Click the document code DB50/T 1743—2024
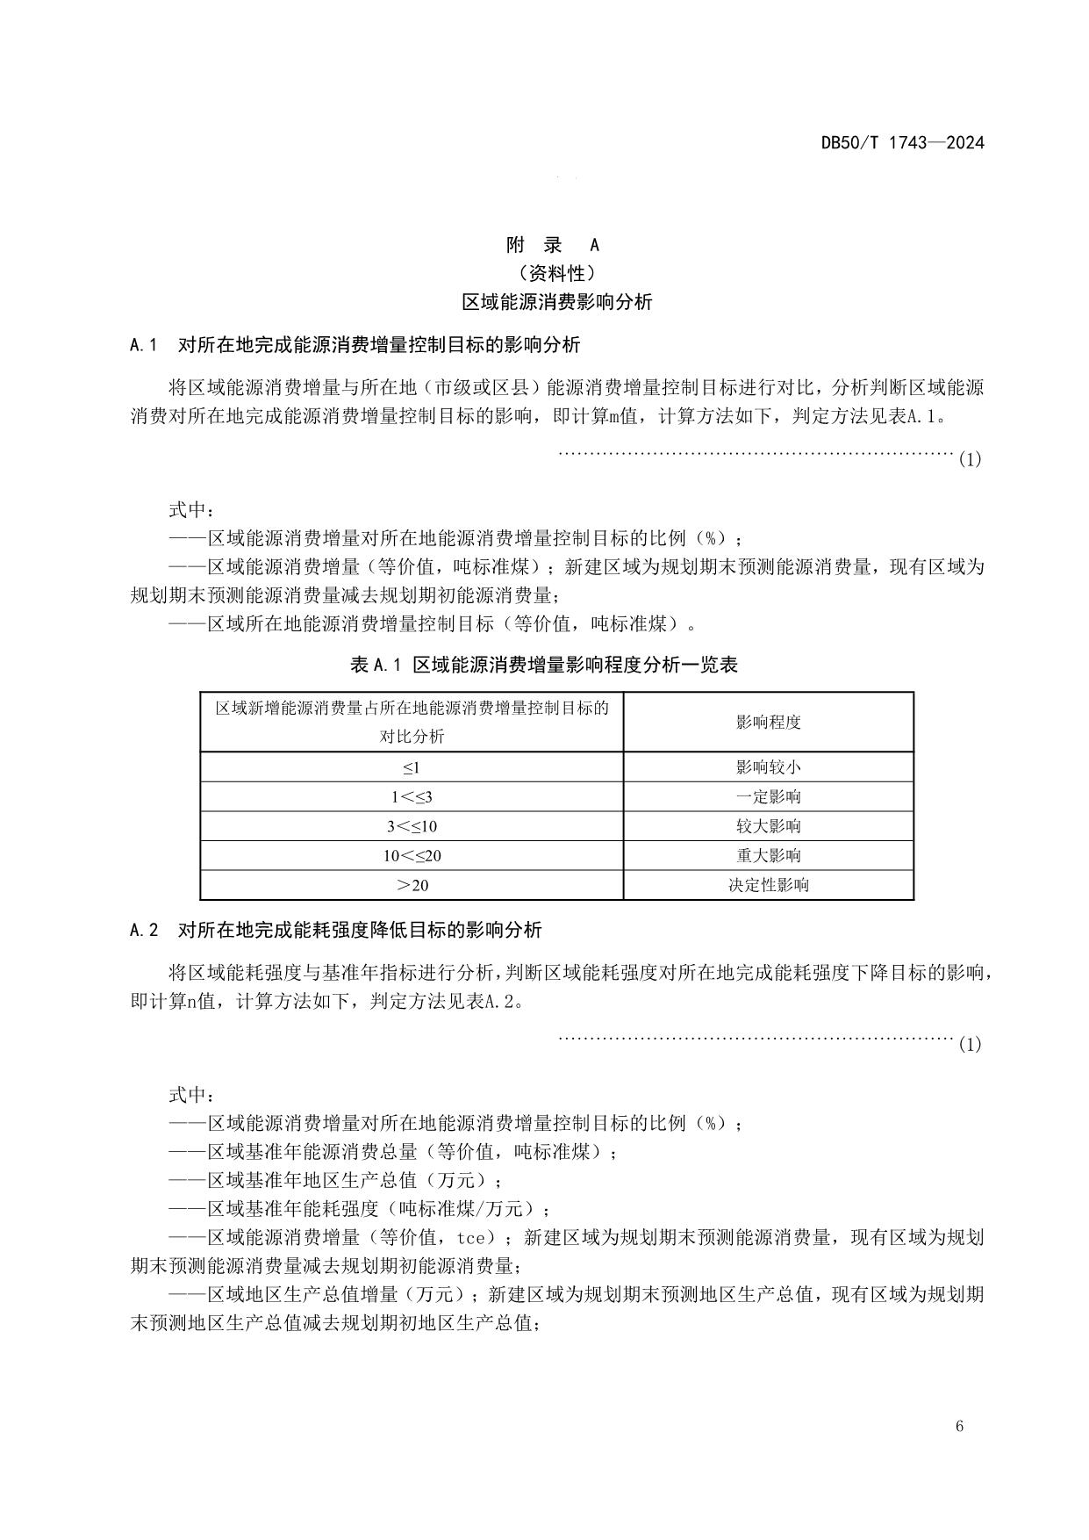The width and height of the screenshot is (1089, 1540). pos(902,142)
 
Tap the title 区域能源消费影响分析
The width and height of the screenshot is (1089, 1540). pos(557,302)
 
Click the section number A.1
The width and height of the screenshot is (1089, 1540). pos(142,345)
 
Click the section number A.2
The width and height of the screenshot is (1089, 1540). pos(143,930)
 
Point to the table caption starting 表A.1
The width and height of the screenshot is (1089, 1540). pos(544,665)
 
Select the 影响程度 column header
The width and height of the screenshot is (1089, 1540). pos(768,723)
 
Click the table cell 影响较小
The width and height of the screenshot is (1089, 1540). pos(768,767)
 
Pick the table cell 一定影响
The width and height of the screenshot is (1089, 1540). pos(768,797)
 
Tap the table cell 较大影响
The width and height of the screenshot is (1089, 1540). pos(768,826)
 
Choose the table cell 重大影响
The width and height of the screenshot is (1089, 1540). pos(768,856)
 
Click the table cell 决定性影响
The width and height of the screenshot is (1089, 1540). pos(768,885)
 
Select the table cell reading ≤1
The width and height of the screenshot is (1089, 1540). pos(412,767)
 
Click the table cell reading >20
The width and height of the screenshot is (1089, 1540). pos(412,885)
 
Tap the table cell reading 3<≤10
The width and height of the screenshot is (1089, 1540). pos(412,826)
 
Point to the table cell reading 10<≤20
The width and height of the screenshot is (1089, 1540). pos(412,856)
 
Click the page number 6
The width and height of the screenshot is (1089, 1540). pos(959,1426)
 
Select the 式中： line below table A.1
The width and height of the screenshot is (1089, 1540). pos(190,1095)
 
